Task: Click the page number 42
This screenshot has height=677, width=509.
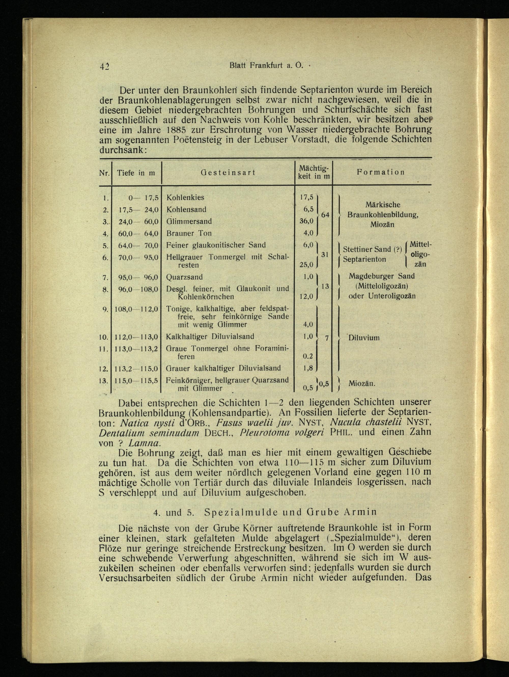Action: (105, 66)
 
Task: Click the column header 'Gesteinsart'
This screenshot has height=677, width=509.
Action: (228, 173)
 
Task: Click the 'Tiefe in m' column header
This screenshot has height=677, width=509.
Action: (136, 173)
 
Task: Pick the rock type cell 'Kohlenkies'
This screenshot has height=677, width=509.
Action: (185, 198)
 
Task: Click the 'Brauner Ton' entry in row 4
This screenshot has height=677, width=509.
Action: (189, 233)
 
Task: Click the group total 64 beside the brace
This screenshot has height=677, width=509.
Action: (325, 215)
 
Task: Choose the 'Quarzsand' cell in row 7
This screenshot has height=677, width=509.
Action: (185, 277)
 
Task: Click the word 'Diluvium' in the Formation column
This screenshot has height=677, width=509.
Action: (364, 338)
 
